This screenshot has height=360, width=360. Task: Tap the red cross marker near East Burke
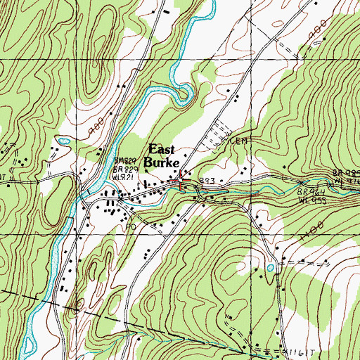click(x=181, y=180)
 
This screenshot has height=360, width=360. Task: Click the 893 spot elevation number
click(x=206, y=181)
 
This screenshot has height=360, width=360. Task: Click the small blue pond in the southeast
click(x=271, y=268)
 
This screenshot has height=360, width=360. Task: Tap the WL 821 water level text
click(x=126, y=177)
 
